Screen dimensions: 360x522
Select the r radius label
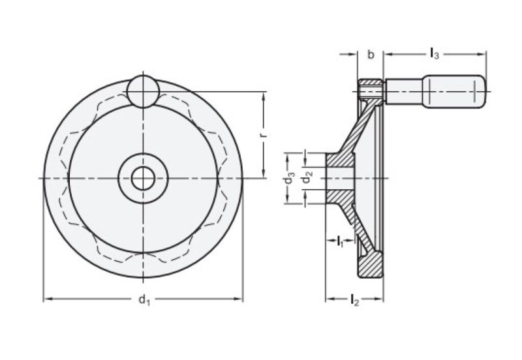coord(262,135)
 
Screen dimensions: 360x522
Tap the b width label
coord(371,55)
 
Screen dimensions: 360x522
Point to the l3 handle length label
coord(434,55)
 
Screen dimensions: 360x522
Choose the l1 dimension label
coord(340,243)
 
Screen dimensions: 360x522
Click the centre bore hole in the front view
coord(142,178)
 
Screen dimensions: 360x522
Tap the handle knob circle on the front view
coord(142,91)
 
